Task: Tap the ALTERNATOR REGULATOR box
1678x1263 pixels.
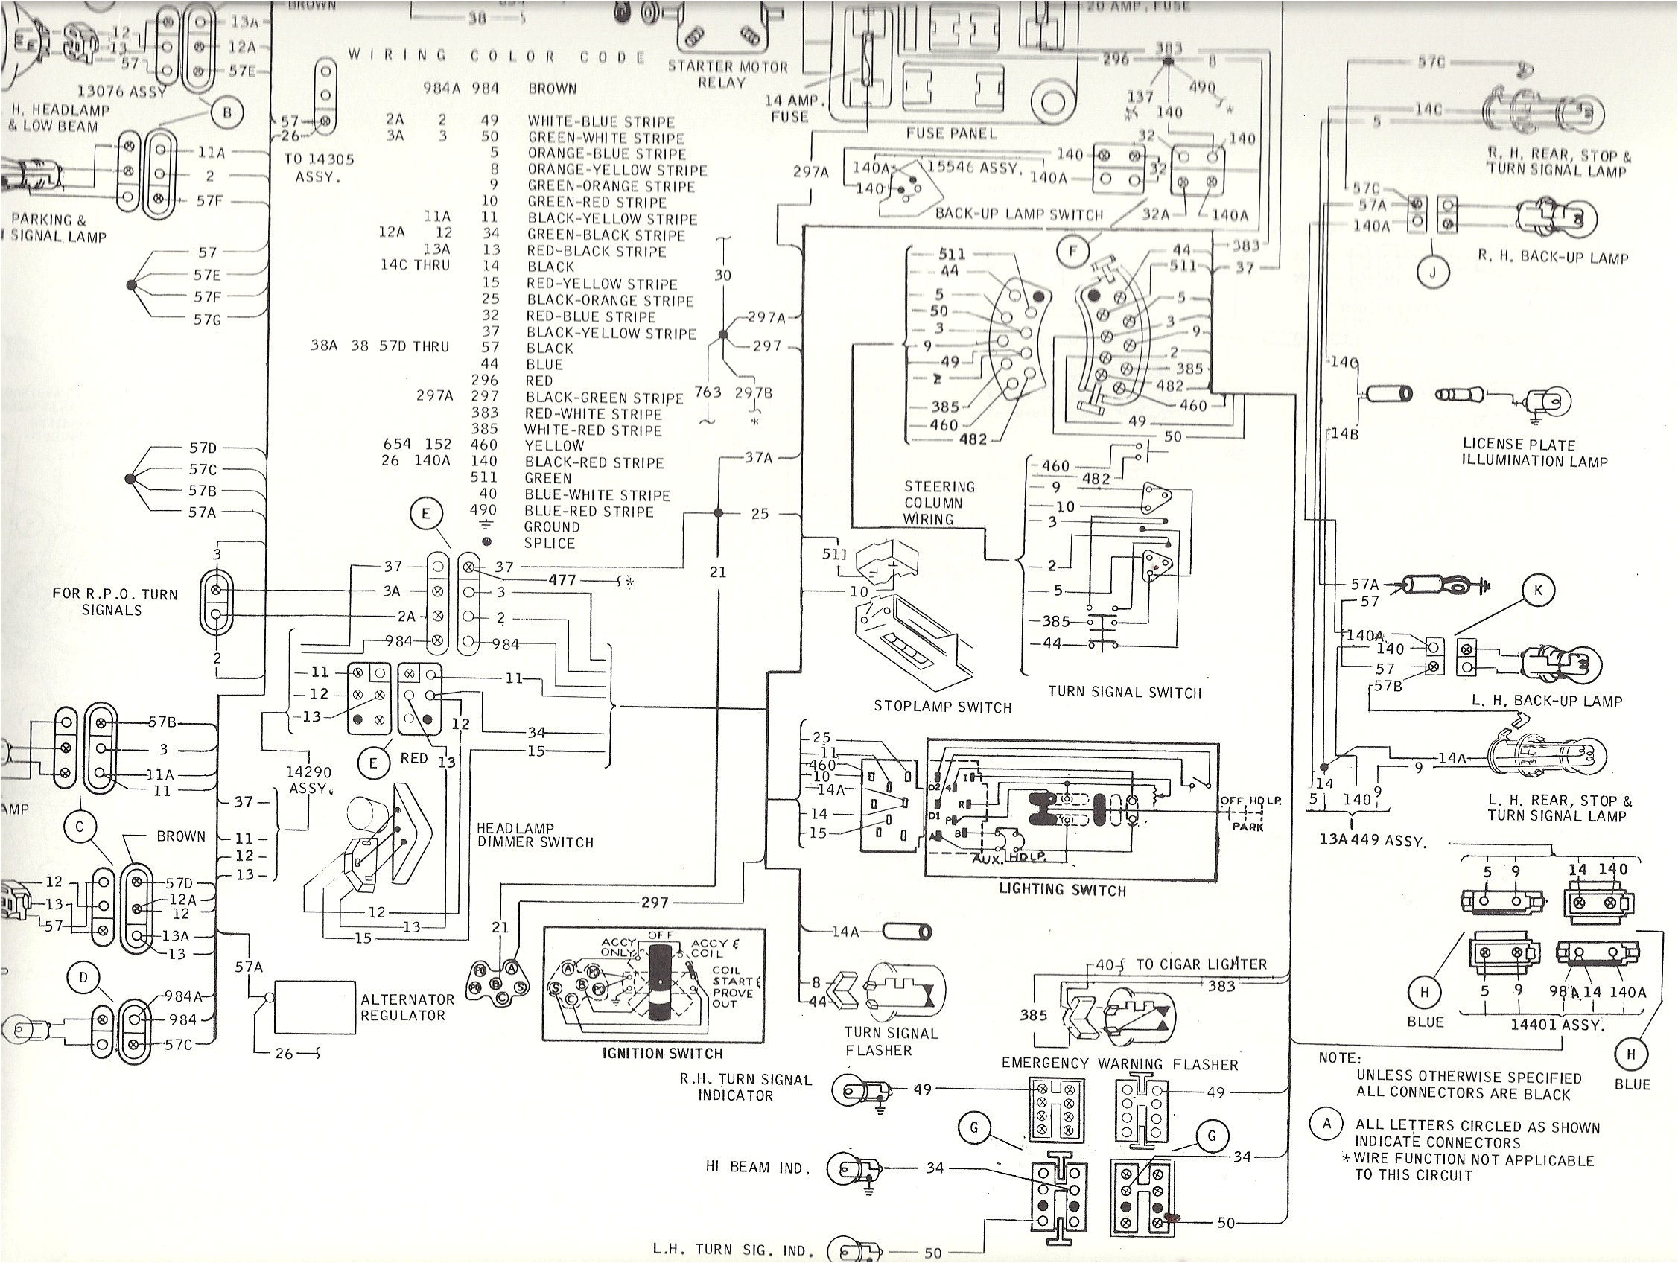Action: (x=315, y=1008)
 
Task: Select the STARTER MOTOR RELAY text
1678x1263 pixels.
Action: (x=727, y=74)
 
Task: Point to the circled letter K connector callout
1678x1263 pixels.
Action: (x=1539, y=590)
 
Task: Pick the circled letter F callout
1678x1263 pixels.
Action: (x=1072, y=252)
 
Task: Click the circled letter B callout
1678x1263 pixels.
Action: (x=226, y=114)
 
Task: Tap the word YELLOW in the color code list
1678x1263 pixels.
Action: (x=555, y=446)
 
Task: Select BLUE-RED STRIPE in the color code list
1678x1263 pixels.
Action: (x=588, y=512)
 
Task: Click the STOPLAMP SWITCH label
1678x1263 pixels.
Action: (x=942, y=707)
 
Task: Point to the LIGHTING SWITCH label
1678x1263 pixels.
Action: (x=1062, y=890)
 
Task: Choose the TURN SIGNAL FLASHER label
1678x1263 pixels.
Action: (x=890, y=1042)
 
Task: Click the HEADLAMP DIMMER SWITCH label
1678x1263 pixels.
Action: (x=534, y=835)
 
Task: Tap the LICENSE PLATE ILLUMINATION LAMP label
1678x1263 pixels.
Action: (x=1534, y=453)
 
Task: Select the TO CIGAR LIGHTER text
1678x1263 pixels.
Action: (x=1200, y=964)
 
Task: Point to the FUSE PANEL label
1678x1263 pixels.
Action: (x=950, y=133)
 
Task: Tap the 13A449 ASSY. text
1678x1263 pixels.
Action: (x=1373, y=842)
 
